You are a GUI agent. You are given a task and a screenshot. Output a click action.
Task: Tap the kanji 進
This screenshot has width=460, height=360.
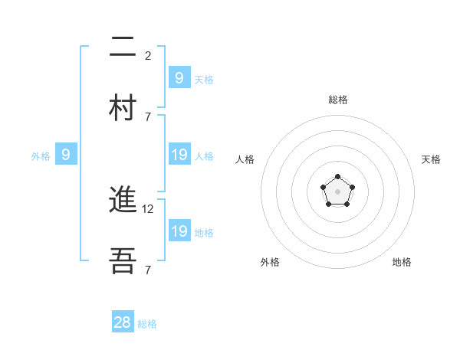pyautogui.click(x=123, y=201)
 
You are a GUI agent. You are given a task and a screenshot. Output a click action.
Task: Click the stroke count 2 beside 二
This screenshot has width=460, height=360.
pyautogui.click(x=148, y=55)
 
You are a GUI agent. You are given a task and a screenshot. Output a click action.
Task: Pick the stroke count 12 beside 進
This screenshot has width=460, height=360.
pyautogui.click(x=149, y=208)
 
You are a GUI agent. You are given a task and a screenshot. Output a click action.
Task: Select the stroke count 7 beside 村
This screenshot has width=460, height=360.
pyautogui.click(x=148, y=116)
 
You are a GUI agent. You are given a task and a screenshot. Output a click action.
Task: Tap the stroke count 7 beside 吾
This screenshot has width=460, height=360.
pyautogui.click(x=148, y=270)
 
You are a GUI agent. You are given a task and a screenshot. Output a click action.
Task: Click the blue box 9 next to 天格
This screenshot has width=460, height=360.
pyautogui.click(x=179, y=77)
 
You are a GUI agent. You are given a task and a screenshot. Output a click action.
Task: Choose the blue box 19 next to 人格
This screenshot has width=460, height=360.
pyautogui.click(x=179, y=155)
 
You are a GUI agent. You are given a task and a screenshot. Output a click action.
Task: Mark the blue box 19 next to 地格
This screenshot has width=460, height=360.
pyautogui.click(x=179, y=231)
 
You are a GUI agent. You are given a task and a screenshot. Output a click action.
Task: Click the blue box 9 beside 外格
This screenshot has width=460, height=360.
pyautogui.click(x=66, y=155)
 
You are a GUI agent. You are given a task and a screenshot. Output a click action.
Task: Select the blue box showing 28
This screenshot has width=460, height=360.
pyautogui.click(x=123, y=322)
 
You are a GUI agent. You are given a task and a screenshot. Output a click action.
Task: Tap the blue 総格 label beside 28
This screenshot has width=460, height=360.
pyautogui.click(x=147, y=324)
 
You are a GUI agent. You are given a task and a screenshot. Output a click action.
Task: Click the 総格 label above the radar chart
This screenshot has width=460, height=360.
pyautogui.click(x=337, y=100)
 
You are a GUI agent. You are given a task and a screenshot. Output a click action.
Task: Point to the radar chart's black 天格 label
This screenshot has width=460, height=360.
pyautogui.click(x=431, y=159)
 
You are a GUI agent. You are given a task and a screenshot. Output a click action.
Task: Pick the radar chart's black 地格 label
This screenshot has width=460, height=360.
pyautogui.click(x=402, y=262)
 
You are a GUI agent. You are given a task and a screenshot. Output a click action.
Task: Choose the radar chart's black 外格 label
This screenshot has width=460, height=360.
pyautogui.click(x=270, y=262)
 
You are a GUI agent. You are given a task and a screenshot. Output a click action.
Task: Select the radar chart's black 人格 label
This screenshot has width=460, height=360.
pyautogui.click(x=245, y=159)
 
